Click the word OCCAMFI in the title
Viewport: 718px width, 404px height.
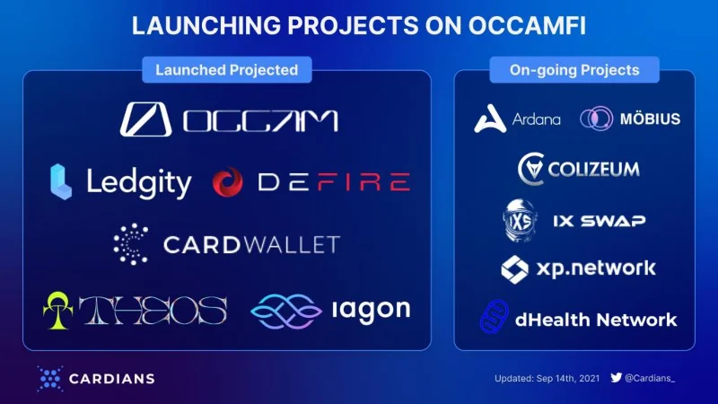click(x=527, y=25)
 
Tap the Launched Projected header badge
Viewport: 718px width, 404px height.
click(x=227, y=70)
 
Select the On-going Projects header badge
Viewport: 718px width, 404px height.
click(x=574, y=70)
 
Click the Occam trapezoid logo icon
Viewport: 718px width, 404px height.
click(x=146, y=119)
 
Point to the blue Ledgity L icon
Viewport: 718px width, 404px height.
click(x=61, y=181)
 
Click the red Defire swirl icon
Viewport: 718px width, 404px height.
click(x=228, y=182)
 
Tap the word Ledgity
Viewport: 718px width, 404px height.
click(x=139, y=183)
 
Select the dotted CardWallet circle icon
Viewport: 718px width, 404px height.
click(x=131, y=244)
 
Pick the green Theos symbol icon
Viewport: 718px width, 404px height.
click(x=57, y=310)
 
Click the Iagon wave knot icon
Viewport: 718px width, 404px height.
click(x=286, y=312)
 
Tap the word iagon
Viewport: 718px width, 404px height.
click(x=372, y=310)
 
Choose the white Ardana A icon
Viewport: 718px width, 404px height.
click(x=490, y=119)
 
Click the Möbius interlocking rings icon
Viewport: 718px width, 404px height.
click(x=596, y=119)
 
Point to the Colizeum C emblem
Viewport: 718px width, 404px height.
click(x=531, y=169)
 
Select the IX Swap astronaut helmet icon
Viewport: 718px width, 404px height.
click(x=521, y=220)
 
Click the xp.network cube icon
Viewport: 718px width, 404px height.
click(x=514, y=269)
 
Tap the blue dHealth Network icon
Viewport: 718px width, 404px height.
click(x=495, y=317)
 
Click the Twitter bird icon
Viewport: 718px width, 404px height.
click(x=617, y=377)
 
